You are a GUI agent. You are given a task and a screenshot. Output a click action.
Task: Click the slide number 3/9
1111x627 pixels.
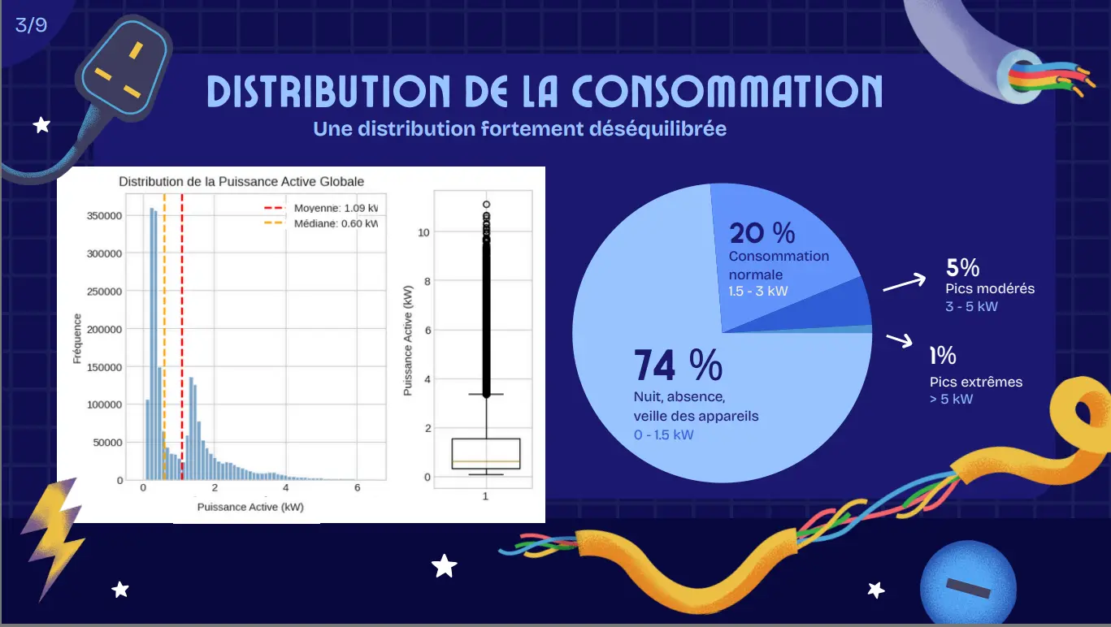(x=31, y=25)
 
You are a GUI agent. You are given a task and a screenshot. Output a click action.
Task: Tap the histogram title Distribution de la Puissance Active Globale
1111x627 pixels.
(x=241, y=181)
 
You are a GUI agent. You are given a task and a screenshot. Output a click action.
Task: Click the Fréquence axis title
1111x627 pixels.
(x=77, y=339)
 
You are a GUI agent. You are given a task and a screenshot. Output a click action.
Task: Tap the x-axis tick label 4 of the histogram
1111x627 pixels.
(x=285, y=488)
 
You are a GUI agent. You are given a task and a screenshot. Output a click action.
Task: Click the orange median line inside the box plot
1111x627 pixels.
(x=485, y=461)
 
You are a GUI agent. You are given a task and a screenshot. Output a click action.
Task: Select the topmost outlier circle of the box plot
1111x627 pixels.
(x=486, y=205)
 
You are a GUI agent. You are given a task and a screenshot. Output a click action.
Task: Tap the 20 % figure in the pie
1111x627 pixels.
(x=762, y=233)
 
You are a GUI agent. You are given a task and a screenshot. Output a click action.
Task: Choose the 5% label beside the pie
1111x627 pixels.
(x=962, y=267)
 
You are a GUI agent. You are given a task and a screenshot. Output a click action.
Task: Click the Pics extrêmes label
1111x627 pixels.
(x=976, y=382)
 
